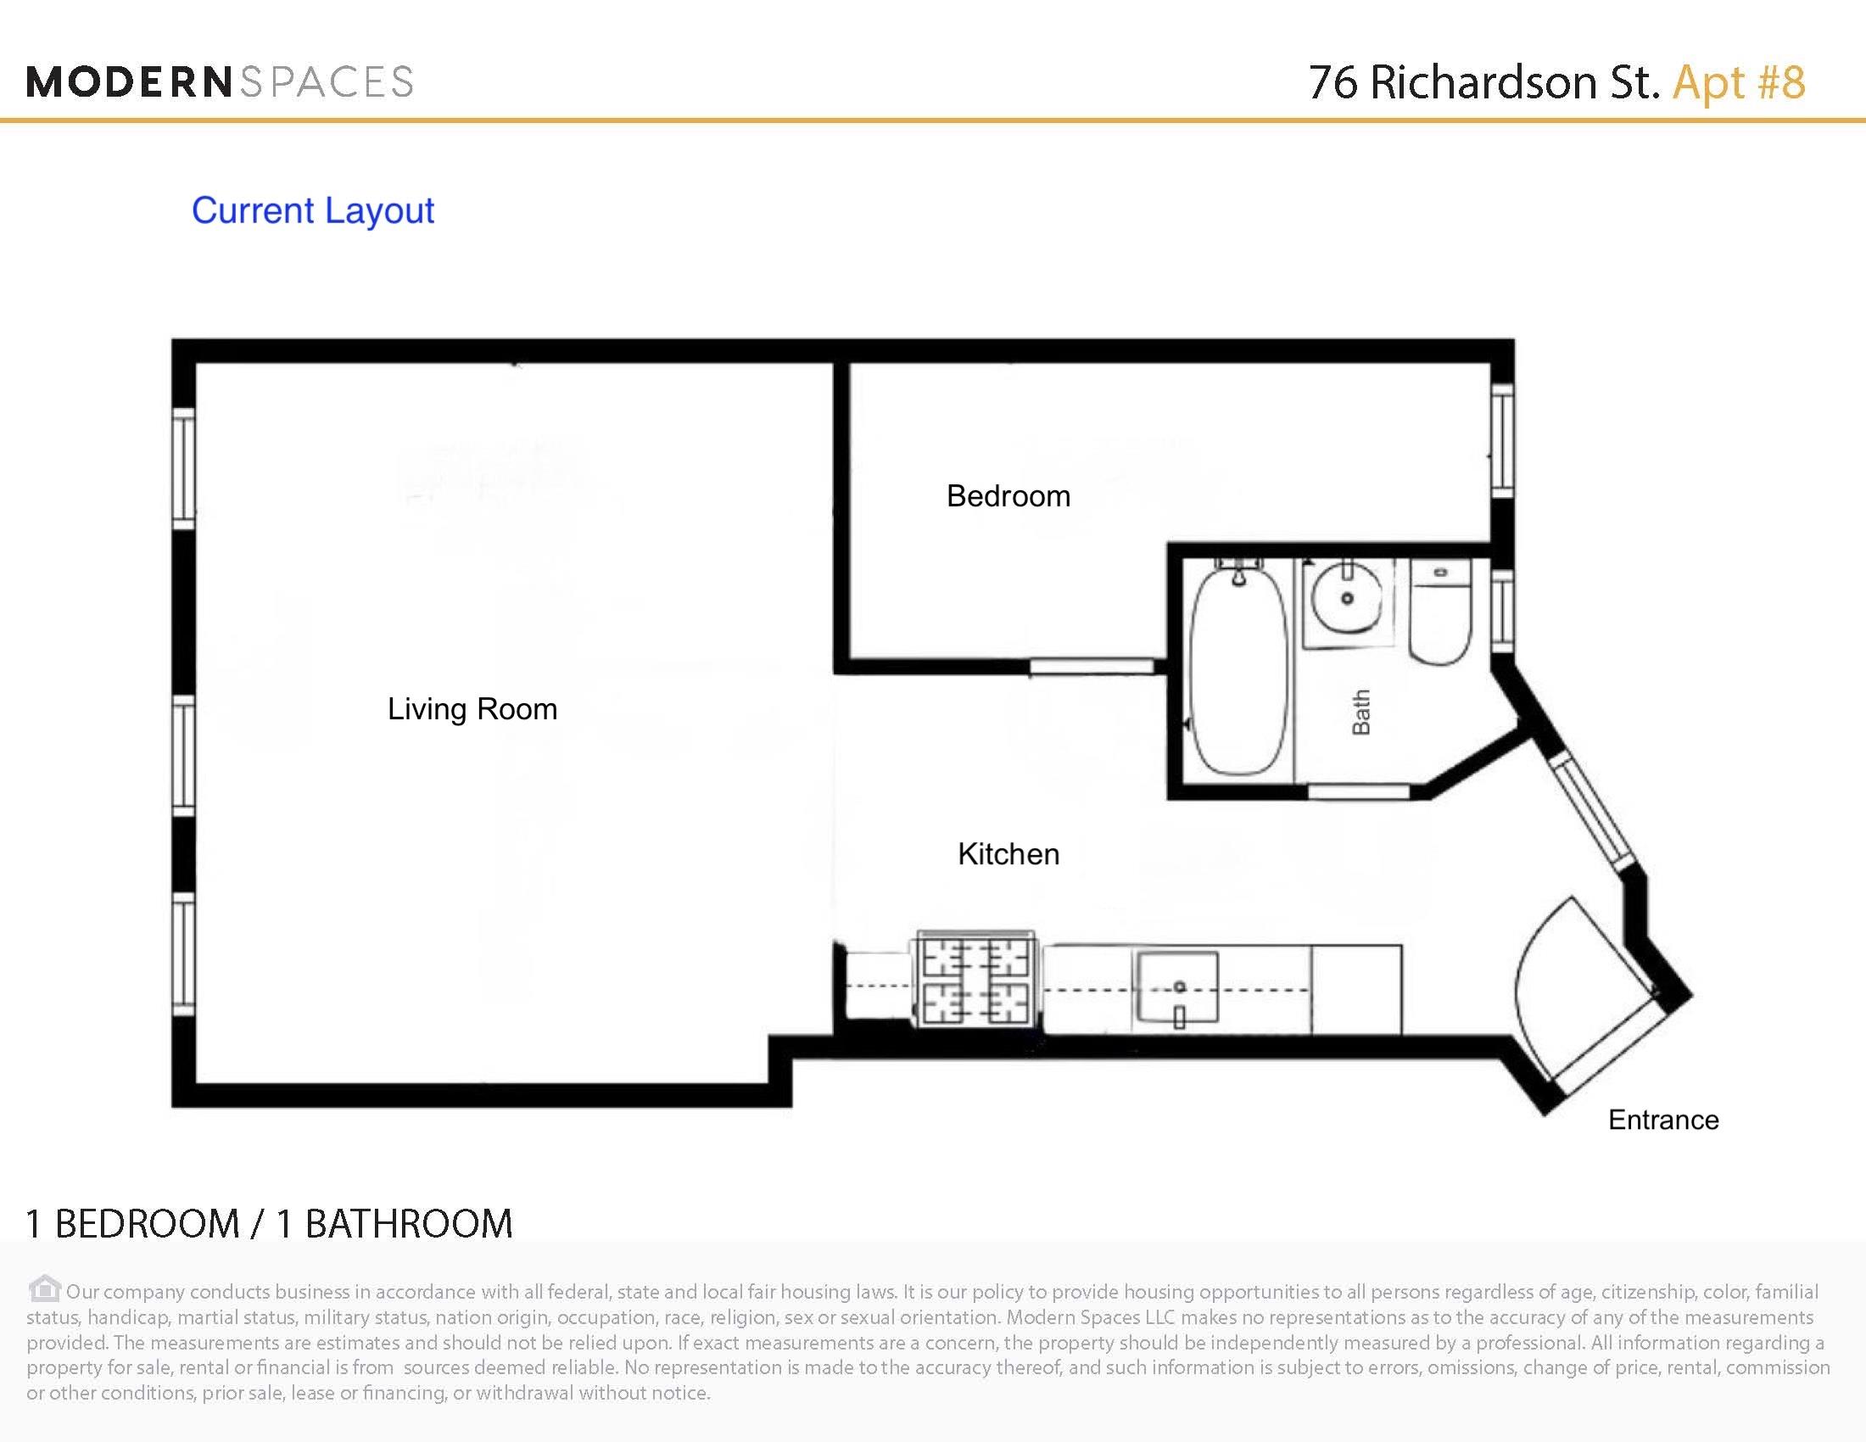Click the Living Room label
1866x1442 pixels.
pos(472,709)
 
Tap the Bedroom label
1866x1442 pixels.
pos(1008,496)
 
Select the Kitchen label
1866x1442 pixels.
pos(1008,854)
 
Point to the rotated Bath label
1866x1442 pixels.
pos(1360,712)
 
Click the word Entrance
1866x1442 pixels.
pos(1662,1120)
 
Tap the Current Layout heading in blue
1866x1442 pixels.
pos(313,211)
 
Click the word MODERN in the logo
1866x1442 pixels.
pos(128,82)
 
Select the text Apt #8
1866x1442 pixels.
pos(1738,82)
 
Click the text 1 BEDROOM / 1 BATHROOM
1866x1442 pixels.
pos(269,1224)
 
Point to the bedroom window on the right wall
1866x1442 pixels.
pos(1502,441)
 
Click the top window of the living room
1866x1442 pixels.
pos(184,468)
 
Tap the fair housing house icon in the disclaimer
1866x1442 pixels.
pos(43,1288)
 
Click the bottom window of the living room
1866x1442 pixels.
pos(184,954)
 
